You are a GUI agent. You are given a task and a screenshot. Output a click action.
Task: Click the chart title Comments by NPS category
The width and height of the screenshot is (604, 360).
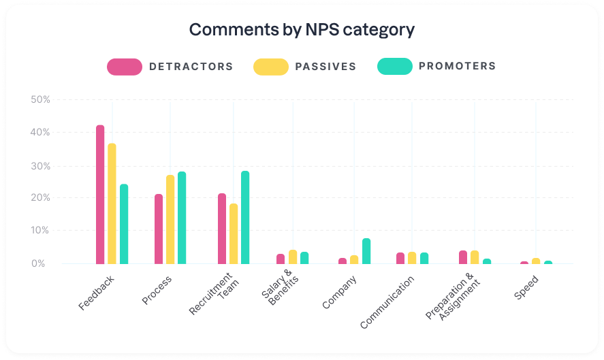302,30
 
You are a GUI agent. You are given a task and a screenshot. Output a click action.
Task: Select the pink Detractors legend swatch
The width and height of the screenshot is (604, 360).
124,67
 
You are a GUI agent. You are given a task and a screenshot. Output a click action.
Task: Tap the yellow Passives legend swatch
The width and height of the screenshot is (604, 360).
270,67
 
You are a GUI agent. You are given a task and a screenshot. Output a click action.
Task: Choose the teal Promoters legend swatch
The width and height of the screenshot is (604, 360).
394,67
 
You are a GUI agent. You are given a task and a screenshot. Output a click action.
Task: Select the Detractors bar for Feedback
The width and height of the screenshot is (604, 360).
100,195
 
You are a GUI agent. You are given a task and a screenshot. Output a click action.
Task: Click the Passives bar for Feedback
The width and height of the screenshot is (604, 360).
112,203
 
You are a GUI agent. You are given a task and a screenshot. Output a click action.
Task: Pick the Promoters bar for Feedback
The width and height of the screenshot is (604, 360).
124,224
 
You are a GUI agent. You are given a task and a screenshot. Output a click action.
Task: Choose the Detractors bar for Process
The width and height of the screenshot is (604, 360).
159,229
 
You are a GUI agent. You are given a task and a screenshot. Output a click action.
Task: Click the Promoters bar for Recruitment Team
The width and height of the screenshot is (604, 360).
245,217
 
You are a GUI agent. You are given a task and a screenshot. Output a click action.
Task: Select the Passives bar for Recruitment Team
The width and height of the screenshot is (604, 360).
234,233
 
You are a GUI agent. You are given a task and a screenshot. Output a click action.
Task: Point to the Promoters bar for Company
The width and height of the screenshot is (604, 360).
366,251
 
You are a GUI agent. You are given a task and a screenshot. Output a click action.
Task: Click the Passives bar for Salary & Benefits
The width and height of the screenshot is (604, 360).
293,257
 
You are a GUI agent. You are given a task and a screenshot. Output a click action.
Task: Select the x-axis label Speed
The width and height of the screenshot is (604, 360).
526,289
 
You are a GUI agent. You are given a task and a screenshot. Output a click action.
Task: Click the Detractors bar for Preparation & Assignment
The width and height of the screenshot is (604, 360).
463,257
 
